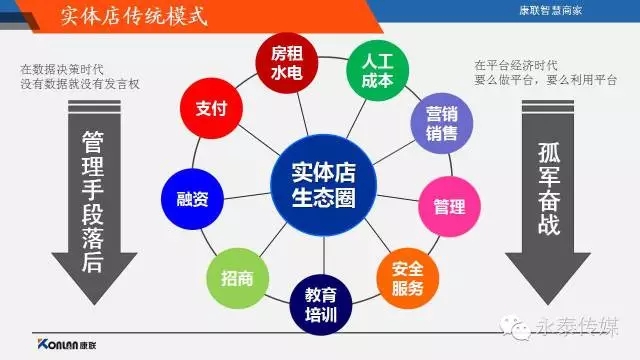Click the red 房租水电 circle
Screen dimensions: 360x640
coord(286,65)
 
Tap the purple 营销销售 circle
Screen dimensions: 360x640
coord(435,123)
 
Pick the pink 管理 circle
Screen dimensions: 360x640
coord(448,206)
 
